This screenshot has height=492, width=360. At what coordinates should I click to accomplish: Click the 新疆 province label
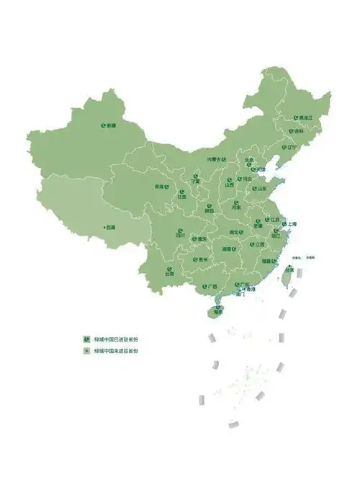click(111, 126)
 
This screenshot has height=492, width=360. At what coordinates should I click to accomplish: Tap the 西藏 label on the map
click(110, 227)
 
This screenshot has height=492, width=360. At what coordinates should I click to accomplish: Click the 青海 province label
click(159, 187)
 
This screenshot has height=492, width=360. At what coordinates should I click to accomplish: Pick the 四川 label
click(181, 235)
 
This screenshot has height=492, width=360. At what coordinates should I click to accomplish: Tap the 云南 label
click(169, 274)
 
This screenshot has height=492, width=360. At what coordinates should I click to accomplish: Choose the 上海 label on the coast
click(292, 224)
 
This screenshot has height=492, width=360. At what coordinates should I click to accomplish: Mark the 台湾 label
click(290, 270)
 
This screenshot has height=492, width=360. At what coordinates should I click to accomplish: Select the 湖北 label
click(234, 232)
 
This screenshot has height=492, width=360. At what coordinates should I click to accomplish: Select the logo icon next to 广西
click(204, 286)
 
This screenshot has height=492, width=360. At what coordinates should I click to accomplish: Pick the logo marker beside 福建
click(258, 261)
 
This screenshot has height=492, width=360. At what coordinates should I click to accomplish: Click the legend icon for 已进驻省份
click(86, 338)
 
